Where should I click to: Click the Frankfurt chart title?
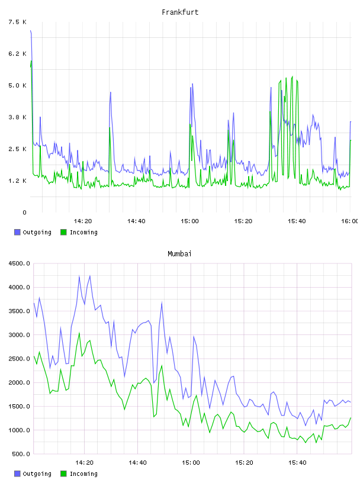180,12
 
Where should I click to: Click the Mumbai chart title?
179,254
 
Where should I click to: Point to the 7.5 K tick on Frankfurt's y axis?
17,22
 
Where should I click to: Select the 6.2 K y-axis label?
17,54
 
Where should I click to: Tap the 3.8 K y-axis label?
17,117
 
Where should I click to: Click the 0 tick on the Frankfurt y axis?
24,212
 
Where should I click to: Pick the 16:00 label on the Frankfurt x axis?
350,221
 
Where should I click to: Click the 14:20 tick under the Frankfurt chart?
83,221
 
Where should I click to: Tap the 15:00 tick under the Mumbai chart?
191,463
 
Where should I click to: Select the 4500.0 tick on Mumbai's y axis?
19,263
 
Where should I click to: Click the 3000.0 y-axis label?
19,335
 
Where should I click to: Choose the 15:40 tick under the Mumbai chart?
297,463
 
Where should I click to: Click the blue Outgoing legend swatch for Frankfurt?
17,232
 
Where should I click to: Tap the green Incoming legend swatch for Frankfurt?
63,232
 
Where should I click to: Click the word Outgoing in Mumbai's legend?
37,474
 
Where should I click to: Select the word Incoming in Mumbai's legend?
83,474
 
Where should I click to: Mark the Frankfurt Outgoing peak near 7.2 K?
31,31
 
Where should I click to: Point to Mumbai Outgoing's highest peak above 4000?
89,276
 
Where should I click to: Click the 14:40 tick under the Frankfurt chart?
136,221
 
